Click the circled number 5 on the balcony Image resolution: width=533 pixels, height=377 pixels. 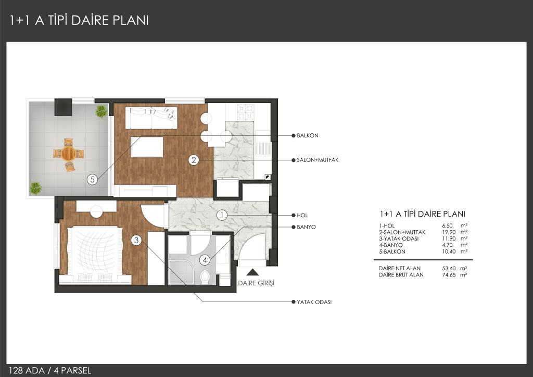point(92,179)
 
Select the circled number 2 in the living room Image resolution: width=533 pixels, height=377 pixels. point(194,160)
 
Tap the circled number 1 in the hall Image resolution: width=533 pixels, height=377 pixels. point(222,215)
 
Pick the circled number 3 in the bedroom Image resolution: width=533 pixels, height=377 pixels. point(136,241)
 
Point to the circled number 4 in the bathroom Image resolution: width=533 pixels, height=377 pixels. point(205,260)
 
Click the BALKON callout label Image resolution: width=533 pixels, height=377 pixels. point(307,135)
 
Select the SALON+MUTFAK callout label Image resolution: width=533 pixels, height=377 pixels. point(318,160)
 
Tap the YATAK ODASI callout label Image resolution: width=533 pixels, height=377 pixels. point(314,302)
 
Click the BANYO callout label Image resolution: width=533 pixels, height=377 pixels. point(306,227)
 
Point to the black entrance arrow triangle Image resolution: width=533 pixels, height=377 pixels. point(252,272)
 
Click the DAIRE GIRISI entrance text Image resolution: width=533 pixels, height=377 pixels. point(256,283)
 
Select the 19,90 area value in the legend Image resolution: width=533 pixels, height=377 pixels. point(449,232)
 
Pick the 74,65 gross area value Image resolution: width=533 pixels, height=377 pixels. point(449,274)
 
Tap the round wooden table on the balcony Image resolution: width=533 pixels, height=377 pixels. point(68,154)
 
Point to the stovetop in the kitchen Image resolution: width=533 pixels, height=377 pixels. point(246,112)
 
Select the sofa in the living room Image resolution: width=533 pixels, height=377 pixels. point(151,118)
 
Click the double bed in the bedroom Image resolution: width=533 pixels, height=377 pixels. point(95,254)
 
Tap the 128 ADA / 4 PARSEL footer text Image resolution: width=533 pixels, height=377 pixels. point(50,370)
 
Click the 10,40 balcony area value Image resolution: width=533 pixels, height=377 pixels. point(449,252)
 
